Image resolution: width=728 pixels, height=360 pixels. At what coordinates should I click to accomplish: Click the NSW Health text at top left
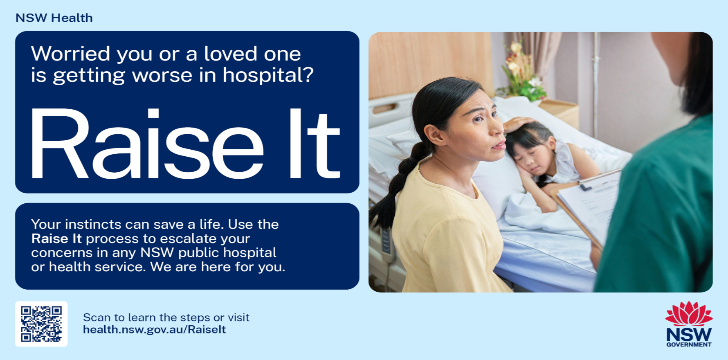(54, 18)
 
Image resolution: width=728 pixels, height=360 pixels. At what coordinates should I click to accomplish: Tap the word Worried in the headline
(71, 54)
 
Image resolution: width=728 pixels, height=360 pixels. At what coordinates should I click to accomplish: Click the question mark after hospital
(307, 74)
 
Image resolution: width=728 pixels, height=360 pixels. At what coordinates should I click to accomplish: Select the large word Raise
(148, 144)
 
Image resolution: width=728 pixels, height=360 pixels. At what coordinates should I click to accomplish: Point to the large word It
(314, 144)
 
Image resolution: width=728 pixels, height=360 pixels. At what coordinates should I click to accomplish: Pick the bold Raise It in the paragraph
(56, 239)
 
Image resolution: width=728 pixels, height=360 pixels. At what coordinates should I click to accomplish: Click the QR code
(41, 324)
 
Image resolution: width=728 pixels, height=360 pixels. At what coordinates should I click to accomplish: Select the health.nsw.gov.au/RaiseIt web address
(154, 330)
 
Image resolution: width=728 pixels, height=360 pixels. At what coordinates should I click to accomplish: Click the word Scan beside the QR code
(97, 317)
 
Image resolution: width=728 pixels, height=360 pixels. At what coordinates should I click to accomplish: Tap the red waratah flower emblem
(689, 314)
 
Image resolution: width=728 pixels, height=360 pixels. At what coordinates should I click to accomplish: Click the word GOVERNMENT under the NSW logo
(689, 344)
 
